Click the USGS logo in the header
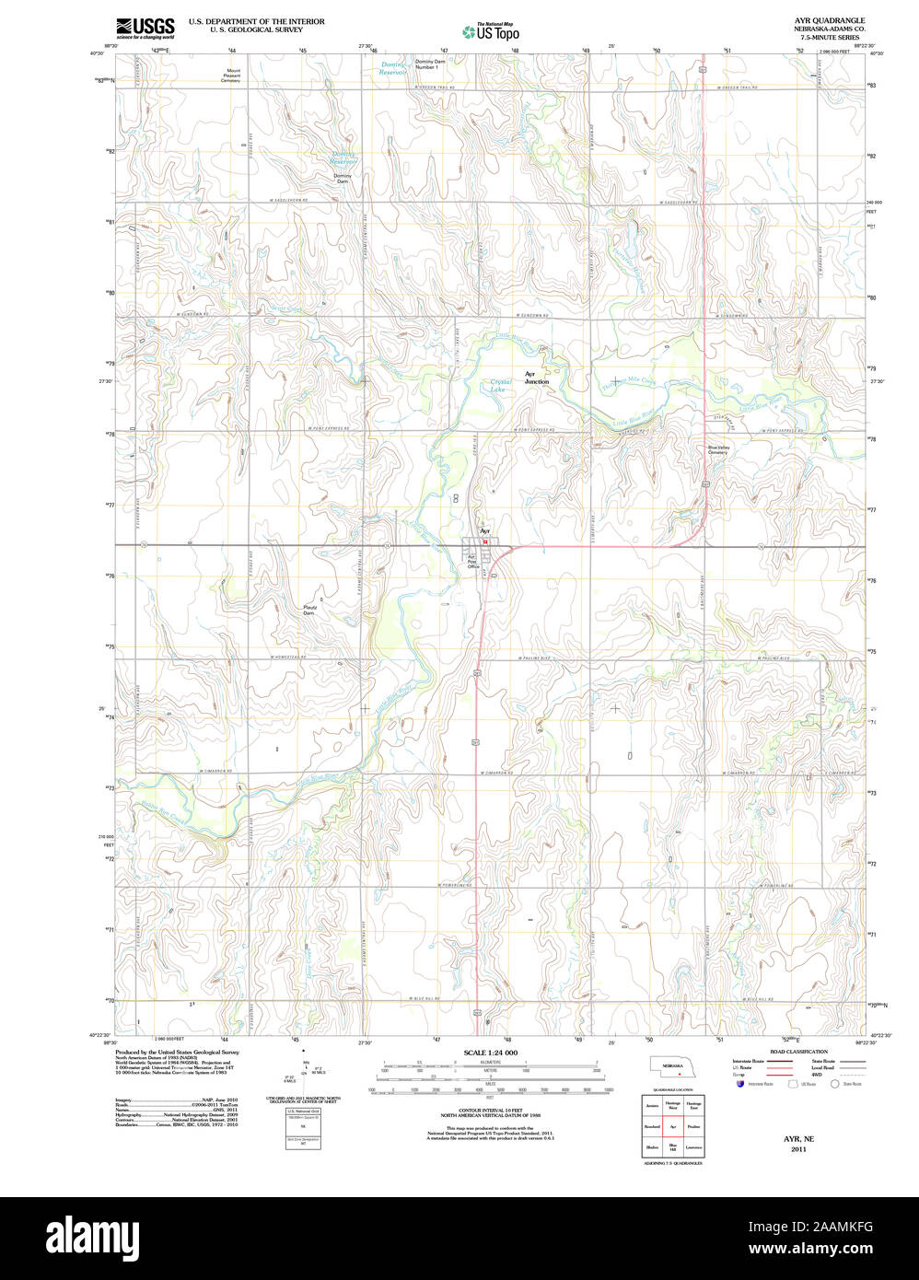pos(145,28)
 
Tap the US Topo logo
pos(491,31)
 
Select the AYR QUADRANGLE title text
pos(830,20)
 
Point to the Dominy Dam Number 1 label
pos(429,64)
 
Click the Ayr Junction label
pos(536,378)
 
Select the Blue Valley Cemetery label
pos(717,450)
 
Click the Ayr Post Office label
pos(473,562)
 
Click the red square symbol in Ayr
pos(485,542)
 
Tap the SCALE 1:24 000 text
pos(490,1052)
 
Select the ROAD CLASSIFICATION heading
pos(797,1051)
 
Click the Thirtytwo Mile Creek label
pos(629,380)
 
